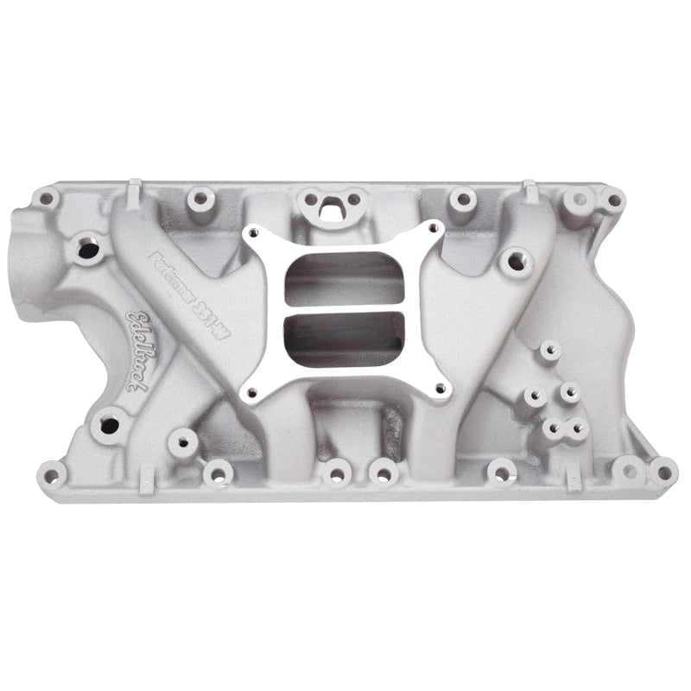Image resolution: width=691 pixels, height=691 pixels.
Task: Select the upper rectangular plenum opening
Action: (345, 276)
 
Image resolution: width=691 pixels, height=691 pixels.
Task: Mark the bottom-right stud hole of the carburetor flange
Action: (440, 389)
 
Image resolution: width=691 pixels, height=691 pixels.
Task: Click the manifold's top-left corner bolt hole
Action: (44, 200)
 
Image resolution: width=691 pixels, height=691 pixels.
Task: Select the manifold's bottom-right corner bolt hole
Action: (662, 472)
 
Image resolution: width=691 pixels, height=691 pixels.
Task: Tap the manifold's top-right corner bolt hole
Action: (612, 200)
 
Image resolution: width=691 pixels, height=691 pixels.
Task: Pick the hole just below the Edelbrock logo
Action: (109, 425)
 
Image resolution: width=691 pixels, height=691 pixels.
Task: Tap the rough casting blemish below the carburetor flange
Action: (394, 423)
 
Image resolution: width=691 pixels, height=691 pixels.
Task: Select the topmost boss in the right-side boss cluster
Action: (548, 352)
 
